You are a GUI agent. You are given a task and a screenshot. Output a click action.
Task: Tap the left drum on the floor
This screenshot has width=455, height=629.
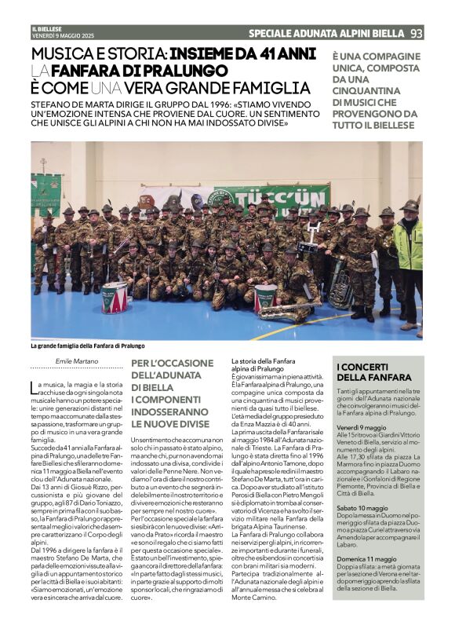click(x=115, y=297)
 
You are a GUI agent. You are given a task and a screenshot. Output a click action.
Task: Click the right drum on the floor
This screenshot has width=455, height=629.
click(x=265, y=296)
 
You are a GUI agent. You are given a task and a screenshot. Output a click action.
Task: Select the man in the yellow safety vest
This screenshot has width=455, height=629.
click(x=409, y=259)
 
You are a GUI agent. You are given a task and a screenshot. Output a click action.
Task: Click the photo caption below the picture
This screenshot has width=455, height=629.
click(x=88, y=346)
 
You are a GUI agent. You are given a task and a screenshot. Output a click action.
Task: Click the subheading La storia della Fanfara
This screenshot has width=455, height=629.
click(x=263, y=361)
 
